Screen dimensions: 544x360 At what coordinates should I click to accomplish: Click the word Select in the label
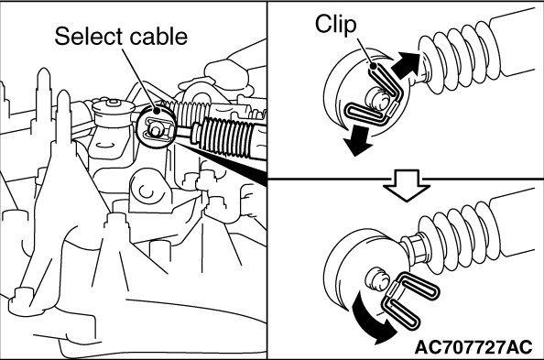click(89, 36)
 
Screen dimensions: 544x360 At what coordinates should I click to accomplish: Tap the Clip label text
click(335, 25)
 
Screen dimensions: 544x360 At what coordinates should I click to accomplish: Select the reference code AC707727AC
click(473, 347)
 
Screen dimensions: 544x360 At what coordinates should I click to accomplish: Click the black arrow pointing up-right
click(406, 65)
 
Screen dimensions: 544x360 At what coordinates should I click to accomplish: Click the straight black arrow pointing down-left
click(358, 140)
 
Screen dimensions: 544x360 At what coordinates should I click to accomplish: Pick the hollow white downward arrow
click(407, 185)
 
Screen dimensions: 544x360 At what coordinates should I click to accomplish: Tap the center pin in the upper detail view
click(378, 98)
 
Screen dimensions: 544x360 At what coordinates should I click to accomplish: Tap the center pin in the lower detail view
click(377, 278)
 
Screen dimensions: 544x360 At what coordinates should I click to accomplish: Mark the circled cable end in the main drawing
click(156, 127)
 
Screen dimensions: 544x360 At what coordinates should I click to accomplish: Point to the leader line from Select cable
click(139, 80)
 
